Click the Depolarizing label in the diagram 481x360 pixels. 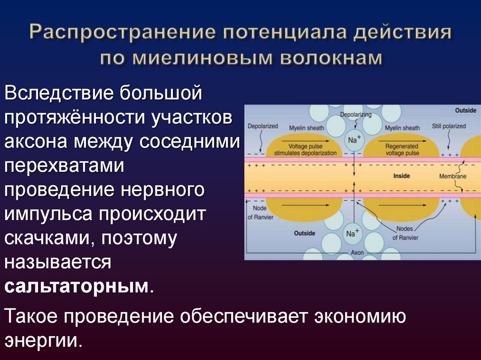tap(356, 115)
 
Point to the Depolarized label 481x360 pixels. tap(263, 126)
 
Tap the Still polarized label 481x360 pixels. tap(449, 126)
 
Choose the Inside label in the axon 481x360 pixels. tap(401, 176)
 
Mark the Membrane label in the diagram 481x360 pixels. tap(452, 176)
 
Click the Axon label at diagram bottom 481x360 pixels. tap(357, 253)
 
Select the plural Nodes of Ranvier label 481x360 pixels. tap(405, 234)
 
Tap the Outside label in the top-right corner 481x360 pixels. tap(465, 111)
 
